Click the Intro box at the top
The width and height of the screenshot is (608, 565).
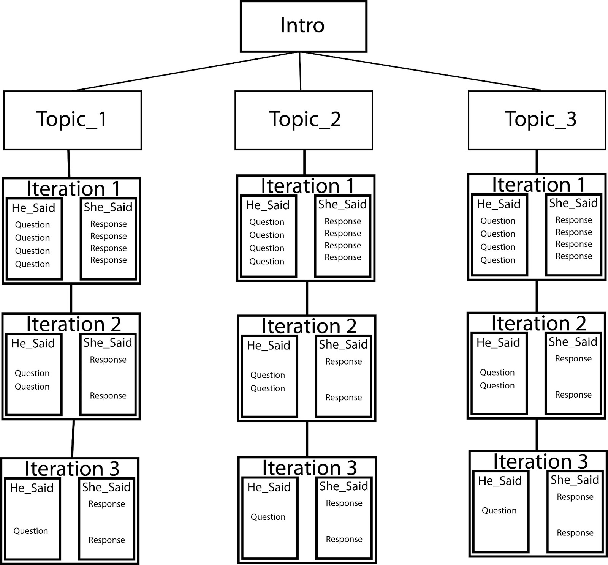coord(304,26)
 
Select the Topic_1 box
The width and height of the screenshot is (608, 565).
coord(73,120)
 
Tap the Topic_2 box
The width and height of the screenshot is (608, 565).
coord(304,120)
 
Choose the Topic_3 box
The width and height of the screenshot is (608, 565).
coord(537,120)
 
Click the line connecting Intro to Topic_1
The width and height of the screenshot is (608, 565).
coord(185,71)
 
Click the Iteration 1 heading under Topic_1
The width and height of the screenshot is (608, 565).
coord(73,188)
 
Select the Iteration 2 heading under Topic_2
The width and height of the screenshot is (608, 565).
coord(309,326)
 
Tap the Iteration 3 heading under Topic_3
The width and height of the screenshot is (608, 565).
coord(540,461)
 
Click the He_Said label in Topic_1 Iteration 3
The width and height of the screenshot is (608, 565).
coord(32,488)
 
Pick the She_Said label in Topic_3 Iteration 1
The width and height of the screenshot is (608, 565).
coord(573,203)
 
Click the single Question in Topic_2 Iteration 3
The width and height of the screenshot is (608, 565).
coord(268,517)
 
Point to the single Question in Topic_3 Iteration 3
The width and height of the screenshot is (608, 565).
coord(499,510)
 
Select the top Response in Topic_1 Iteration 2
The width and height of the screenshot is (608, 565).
coord(108,360)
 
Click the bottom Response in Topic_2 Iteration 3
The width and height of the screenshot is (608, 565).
coord(344,539)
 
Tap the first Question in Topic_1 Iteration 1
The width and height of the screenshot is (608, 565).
coord(32,224)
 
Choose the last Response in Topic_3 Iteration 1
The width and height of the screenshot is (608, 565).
coord(574,256)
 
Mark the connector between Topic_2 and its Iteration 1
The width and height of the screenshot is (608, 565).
coord(304,163)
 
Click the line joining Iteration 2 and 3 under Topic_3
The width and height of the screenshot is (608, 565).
coord(537,435)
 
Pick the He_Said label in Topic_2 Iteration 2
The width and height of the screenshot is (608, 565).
coord(268,346)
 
